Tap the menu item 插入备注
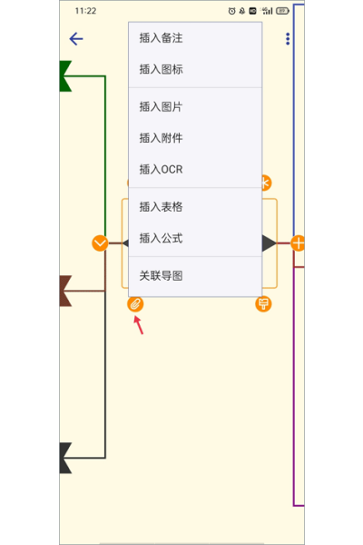point(161,38)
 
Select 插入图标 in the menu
point(161,69)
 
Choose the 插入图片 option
point(161,106)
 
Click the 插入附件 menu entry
point(161,138)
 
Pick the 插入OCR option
point(161,169)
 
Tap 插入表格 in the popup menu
point(161,207)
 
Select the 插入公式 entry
point(161,238)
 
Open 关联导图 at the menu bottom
point(161,275)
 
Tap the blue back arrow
point(76,38)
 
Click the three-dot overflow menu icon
point(288,39)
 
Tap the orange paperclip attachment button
point(135,304)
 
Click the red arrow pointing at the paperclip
point(139,325)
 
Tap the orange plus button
point(298,243)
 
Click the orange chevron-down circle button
point(100,243)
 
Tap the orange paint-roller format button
point(263,304)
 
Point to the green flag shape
point(64,76)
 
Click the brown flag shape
point(64,291)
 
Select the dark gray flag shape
point(64,458)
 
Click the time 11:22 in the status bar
point(85,11)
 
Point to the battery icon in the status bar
point(282,11)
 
